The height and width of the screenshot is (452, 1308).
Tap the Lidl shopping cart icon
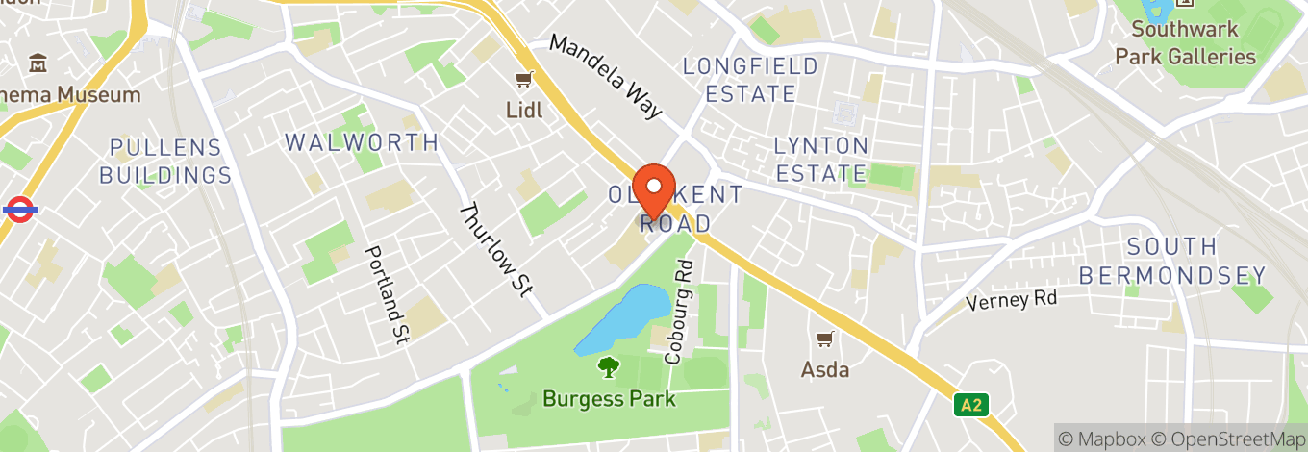point(524,79)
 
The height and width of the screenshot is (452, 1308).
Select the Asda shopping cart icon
point(824,339)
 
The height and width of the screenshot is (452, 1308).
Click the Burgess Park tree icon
point(608,366)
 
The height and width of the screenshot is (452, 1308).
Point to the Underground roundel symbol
point(19,208)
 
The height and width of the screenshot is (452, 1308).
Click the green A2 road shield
point(971,405)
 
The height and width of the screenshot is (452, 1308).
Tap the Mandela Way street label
point(607,76)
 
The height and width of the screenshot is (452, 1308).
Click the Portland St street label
point(388,294)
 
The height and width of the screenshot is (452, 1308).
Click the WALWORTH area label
point(362,142)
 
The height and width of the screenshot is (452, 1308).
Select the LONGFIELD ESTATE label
point(750,80)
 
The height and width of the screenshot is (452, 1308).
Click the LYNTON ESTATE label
point(821,160)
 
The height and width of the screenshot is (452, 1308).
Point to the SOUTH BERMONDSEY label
point(1172,261)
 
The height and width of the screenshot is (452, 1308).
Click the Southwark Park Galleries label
point(1185,43)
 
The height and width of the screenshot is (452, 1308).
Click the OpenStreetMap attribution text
point(1238,439)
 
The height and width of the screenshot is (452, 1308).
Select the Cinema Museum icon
point(39,64)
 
